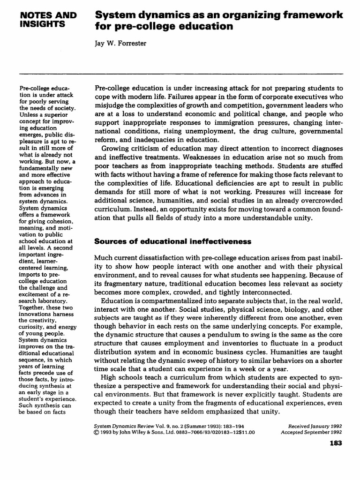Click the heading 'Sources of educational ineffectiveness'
coord(166,241)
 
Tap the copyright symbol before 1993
coord(97,433)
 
